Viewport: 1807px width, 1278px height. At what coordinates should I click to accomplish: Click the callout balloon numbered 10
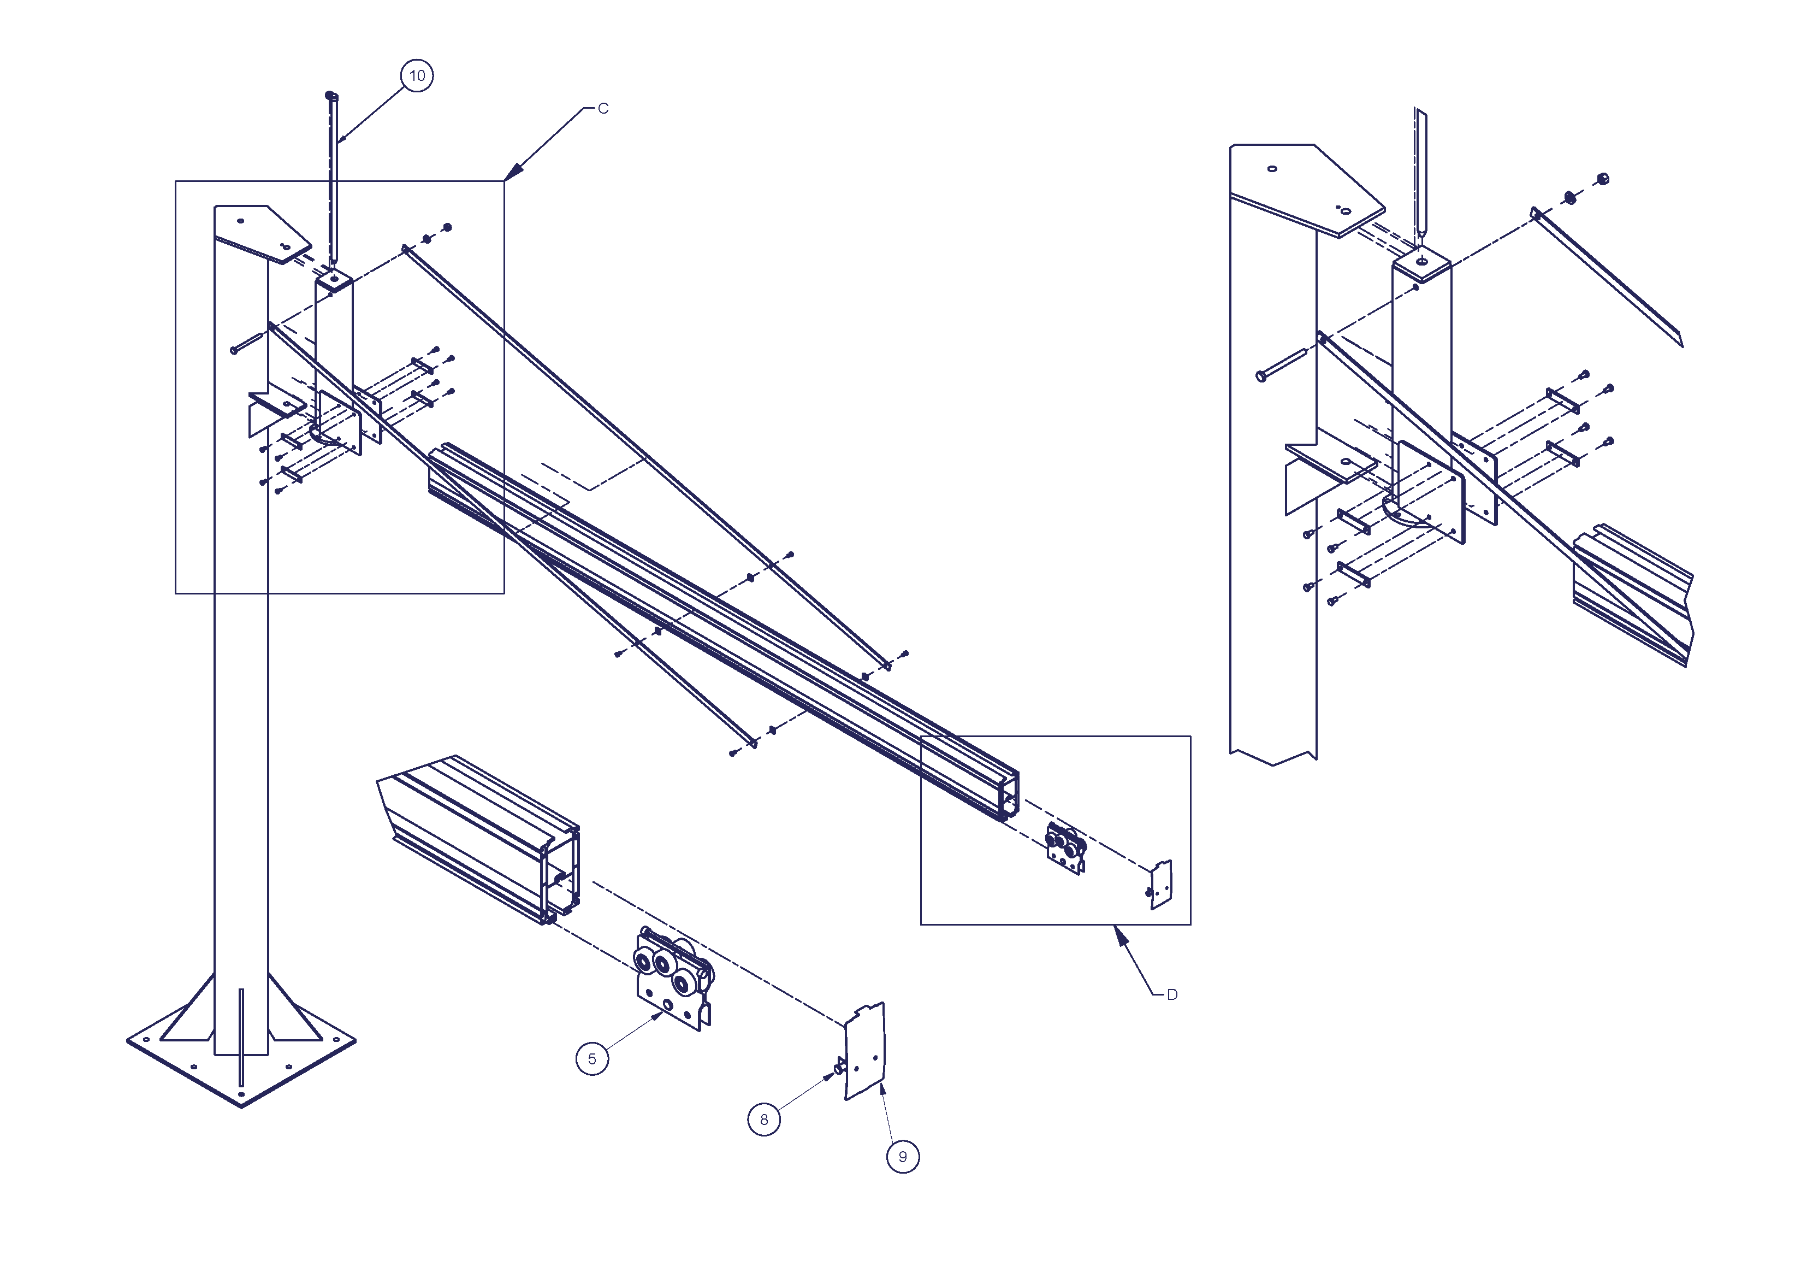[417, 75]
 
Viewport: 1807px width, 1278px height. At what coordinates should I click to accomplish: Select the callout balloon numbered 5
[592, 1059]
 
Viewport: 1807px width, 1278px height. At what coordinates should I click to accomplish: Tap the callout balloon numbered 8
[763, 1120]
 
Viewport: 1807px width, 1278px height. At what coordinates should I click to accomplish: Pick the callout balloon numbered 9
[903, 1157]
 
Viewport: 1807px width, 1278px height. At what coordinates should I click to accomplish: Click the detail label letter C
[603, 109]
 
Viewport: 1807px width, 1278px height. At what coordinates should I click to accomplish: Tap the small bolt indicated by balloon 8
[839, 1068]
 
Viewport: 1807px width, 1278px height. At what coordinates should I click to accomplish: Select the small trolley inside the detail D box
[1065, 847]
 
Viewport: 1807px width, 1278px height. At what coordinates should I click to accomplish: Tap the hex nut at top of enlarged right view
[1604, 179]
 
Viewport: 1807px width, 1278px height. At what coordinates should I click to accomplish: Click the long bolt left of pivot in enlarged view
[1281, 364]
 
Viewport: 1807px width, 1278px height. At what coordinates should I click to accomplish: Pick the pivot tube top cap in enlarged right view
[1421, 262]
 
